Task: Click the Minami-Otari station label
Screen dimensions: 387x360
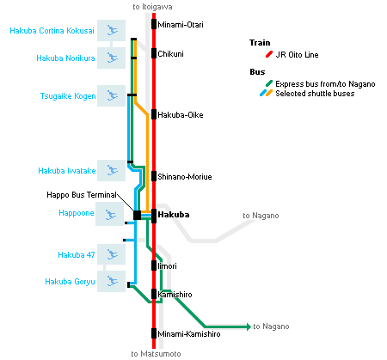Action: [181, 25]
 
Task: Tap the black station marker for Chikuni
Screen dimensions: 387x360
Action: [154, 53]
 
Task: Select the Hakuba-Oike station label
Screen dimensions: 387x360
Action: [181, 115]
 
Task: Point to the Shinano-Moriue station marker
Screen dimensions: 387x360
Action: [154, 176]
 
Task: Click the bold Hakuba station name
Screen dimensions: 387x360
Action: [174, 215]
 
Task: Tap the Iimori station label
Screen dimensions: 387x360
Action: [168, 266]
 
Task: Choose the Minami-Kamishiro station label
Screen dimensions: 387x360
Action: [189, 334]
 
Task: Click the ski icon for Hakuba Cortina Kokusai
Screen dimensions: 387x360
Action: [112, 30]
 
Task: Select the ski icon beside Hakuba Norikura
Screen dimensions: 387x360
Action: [112, 58]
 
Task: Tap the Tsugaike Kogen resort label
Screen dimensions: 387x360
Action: [68, 96]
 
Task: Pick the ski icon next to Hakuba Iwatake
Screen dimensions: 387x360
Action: [112, 170]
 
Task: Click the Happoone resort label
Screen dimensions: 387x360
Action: [77, 213]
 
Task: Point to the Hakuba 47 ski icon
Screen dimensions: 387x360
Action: [112, 254]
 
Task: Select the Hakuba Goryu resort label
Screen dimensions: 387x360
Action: [70, 282]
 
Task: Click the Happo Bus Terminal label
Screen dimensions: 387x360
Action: [82, 195]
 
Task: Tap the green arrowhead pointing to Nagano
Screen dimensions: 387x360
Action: [249, 326]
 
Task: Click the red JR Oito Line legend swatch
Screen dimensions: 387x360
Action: [269, 54]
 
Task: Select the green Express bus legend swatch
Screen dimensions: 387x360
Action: [269, 83]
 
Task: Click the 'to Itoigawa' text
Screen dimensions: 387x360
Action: [152, 7]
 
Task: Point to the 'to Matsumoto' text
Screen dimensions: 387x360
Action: [156, 354]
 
